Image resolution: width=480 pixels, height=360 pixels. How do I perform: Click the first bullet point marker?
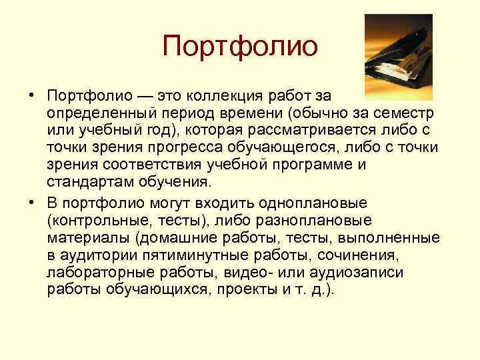[31, 93]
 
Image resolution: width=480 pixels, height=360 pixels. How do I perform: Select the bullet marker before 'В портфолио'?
[31, 202]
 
